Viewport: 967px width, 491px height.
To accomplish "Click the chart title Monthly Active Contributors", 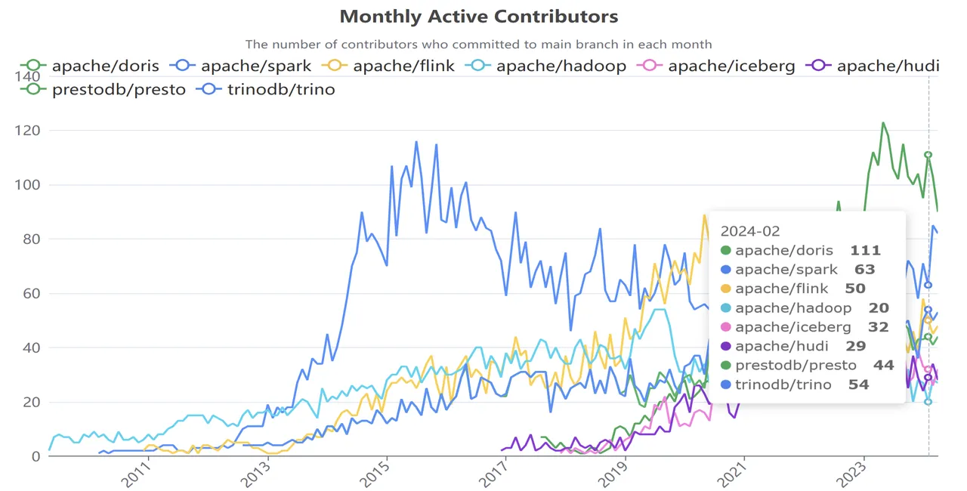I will pos(478,17).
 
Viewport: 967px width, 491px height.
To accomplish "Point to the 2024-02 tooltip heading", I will pos(749,231).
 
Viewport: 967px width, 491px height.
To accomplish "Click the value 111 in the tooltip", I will pos(865,251).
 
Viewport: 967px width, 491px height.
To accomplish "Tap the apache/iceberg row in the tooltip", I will pos(793,328).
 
